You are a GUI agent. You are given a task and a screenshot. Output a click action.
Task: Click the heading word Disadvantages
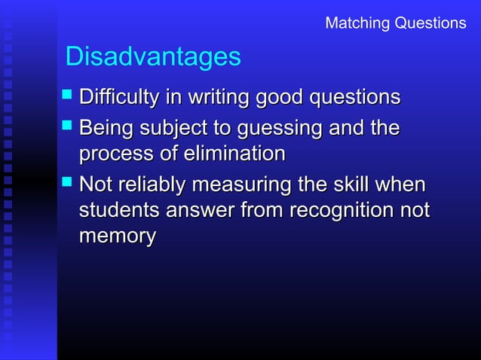coord(153,56)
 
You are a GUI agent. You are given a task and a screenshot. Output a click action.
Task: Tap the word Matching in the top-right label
coord(355,23)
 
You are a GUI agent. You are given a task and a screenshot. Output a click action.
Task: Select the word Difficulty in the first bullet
coord(118,98)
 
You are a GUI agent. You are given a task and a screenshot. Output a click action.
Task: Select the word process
coord(115,154)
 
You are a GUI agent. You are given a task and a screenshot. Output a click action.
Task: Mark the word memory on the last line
coord(117,236)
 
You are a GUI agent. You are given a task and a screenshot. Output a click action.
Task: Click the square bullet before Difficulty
coord(68,96)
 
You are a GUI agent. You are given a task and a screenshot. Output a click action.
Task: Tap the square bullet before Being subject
coord(68,127)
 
